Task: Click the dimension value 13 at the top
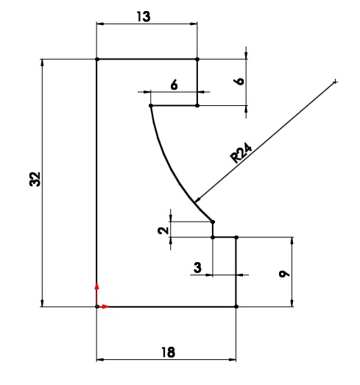click(x=143, y=17)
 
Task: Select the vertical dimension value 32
click(x=35, y=179)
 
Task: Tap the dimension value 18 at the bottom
click(x=169, y=352)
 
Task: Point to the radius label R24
click(x=241, y=152)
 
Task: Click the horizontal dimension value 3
click(x=197, y=267)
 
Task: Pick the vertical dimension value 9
click(x=284, y=274)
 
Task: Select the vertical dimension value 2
click(x=163, y=230)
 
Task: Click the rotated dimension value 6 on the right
click(x=239, y=81)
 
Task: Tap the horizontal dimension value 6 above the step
click(x=174, y=85)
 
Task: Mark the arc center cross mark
click(x=335, y=82)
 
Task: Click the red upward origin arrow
click(x=96, y=294)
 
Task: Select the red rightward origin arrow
click(x=103, y=306)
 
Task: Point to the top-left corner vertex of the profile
click(x=97, y=59)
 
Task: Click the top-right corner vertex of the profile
click(x=197, y=59)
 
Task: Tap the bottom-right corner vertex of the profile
click(x=236, y=306)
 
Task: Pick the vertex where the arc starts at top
click(x=151, y=105)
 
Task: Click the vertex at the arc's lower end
click(x=213, y=222)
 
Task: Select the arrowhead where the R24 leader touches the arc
click(x=197, y=199)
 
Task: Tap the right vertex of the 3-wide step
click(x=236, y=238)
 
